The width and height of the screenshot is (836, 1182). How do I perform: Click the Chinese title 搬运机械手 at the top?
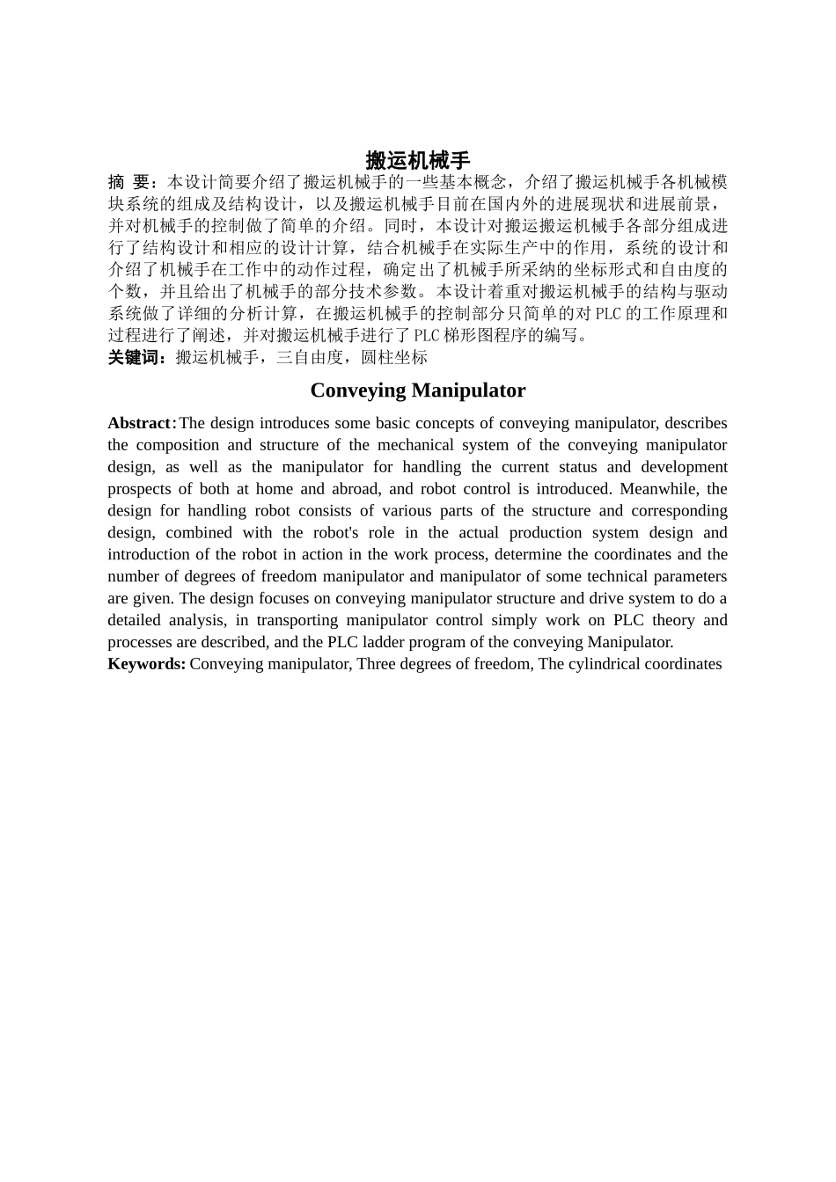[418, 161]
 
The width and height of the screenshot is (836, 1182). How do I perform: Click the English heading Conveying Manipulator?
[418, 390]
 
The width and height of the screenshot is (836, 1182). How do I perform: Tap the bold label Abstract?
[142, 423]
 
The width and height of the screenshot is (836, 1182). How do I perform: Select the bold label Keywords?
[146, 664]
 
